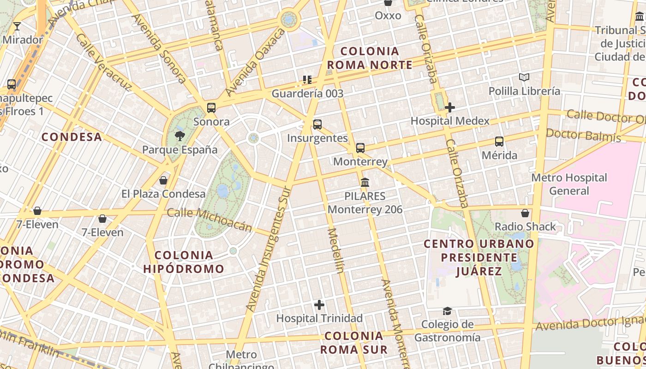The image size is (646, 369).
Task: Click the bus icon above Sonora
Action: coord(211,108)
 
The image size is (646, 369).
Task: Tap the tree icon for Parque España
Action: coord(179,136)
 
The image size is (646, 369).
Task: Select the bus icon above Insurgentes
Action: coord(317,124)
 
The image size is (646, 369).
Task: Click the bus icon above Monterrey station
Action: coord(360,148)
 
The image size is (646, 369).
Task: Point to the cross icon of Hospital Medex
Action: coord(450,107)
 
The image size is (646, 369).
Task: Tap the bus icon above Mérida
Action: coord(499,142)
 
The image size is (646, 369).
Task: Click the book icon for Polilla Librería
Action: coord(524,77)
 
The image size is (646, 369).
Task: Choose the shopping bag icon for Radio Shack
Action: coord(525,213)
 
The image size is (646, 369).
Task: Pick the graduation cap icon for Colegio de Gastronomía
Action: coord(447,311)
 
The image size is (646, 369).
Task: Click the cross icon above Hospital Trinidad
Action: coord(319,304)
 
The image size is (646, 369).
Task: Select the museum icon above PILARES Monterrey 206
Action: coord(365,182)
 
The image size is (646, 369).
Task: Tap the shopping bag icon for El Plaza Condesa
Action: coord(163,180)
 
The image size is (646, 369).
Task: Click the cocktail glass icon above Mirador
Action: coord(17,26)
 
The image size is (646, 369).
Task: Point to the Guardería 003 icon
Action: coord(307,80)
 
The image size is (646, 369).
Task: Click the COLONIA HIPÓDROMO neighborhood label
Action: coord(184,262)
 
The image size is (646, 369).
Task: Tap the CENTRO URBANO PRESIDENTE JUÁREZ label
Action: coord(479,257)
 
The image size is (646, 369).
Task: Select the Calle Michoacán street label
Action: coord(209,219)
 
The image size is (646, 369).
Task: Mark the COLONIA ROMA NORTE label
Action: coord(369,58)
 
